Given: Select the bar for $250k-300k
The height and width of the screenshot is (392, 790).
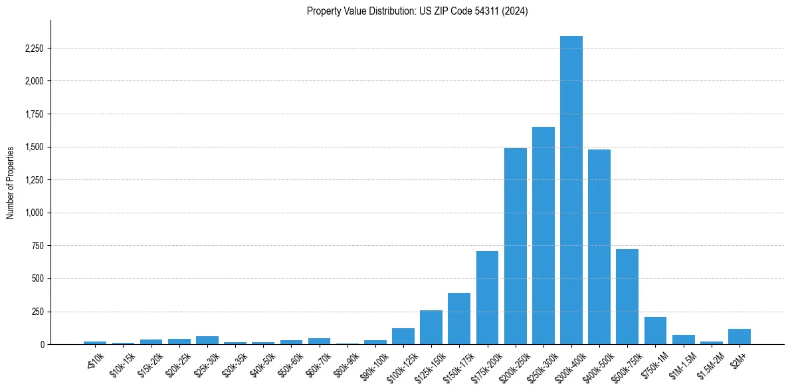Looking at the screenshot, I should click(x=543, y=236).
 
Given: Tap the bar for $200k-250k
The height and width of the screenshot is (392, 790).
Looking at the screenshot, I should click(x=516, y=246).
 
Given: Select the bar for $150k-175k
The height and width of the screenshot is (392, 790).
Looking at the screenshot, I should click(x=459, y=319).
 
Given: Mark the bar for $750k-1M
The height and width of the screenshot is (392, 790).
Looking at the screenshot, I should click(x=655, y=331).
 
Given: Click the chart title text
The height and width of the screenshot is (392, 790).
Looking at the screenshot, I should click(x=417, y=11).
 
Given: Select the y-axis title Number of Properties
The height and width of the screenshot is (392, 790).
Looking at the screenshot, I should click(x=11, y=182).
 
